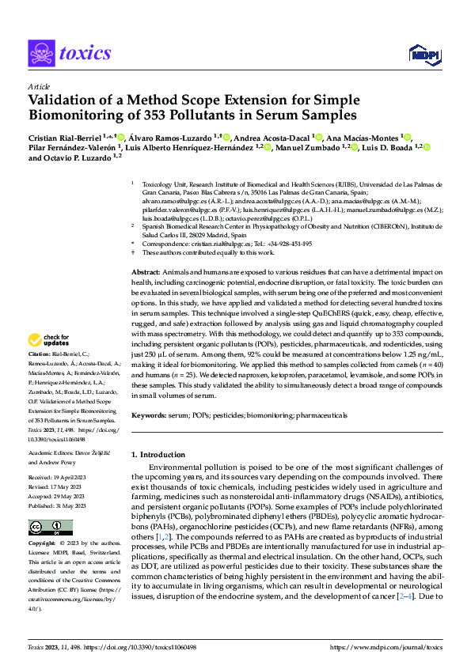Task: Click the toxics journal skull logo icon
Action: (42, 54)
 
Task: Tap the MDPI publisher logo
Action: (424, 54)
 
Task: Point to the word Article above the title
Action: (38, 86)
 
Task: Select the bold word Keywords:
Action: (150, 414)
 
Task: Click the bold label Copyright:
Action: (42, 544)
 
